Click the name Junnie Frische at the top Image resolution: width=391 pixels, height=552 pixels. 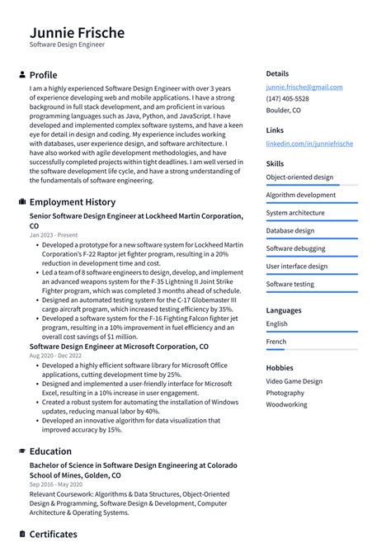78,33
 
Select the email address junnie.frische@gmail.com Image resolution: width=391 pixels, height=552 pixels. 304,87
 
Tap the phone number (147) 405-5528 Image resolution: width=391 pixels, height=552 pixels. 288,98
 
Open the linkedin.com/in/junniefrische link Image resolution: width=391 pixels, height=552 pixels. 309,144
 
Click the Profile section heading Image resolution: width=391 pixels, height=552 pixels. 44,74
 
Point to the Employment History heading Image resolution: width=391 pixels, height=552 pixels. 73,202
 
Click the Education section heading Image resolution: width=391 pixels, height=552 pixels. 50,451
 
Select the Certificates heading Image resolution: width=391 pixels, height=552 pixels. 54,535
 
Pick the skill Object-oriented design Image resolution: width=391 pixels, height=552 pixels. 299,177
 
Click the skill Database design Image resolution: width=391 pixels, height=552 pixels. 290,231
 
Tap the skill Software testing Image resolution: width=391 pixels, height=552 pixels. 290,285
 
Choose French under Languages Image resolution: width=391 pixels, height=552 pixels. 276,342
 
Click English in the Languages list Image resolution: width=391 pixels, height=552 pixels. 277,324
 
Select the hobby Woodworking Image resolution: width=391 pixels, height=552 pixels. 286,405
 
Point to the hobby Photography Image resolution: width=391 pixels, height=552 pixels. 285,394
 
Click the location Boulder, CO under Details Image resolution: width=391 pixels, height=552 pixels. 283,111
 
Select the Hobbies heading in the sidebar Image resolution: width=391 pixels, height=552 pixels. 280,368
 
